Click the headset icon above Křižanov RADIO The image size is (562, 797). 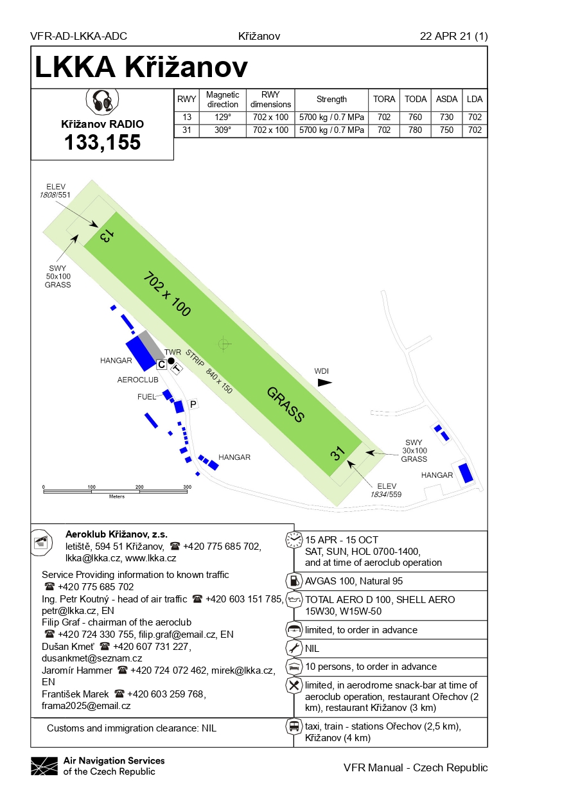tap(102, 101)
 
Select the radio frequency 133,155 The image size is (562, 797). tap(102, 142)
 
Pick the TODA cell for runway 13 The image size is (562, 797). tap(416, 117)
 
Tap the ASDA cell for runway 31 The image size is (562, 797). tap(447, 130)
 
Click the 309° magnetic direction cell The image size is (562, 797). tap(223, 130)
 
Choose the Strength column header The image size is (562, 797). tap(331, 100)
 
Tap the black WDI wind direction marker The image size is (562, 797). tap(325, 382)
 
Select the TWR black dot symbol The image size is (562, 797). tap(171, 361)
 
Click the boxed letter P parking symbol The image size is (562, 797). tap(193, 404)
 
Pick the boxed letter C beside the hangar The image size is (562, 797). tap(162, 365)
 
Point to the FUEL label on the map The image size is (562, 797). tap(147, 397)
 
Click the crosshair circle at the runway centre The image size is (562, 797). tap(224, 344)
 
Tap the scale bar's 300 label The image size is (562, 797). tap(188, 487)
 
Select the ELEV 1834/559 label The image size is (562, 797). tap(385, 490)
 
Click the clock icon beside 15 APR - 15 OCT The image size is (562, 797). tap(294, 538)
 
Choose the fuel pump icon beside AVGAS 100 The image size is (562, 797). tap(294, 581)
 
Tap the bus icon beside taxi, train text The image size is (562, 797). tap(294, 726)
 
